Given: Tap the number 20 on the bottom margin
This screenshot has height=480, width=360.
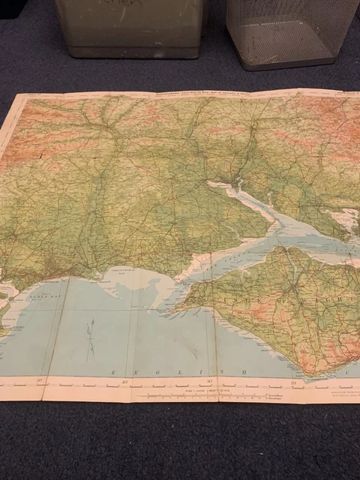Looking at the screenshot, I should click(295, 383).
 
